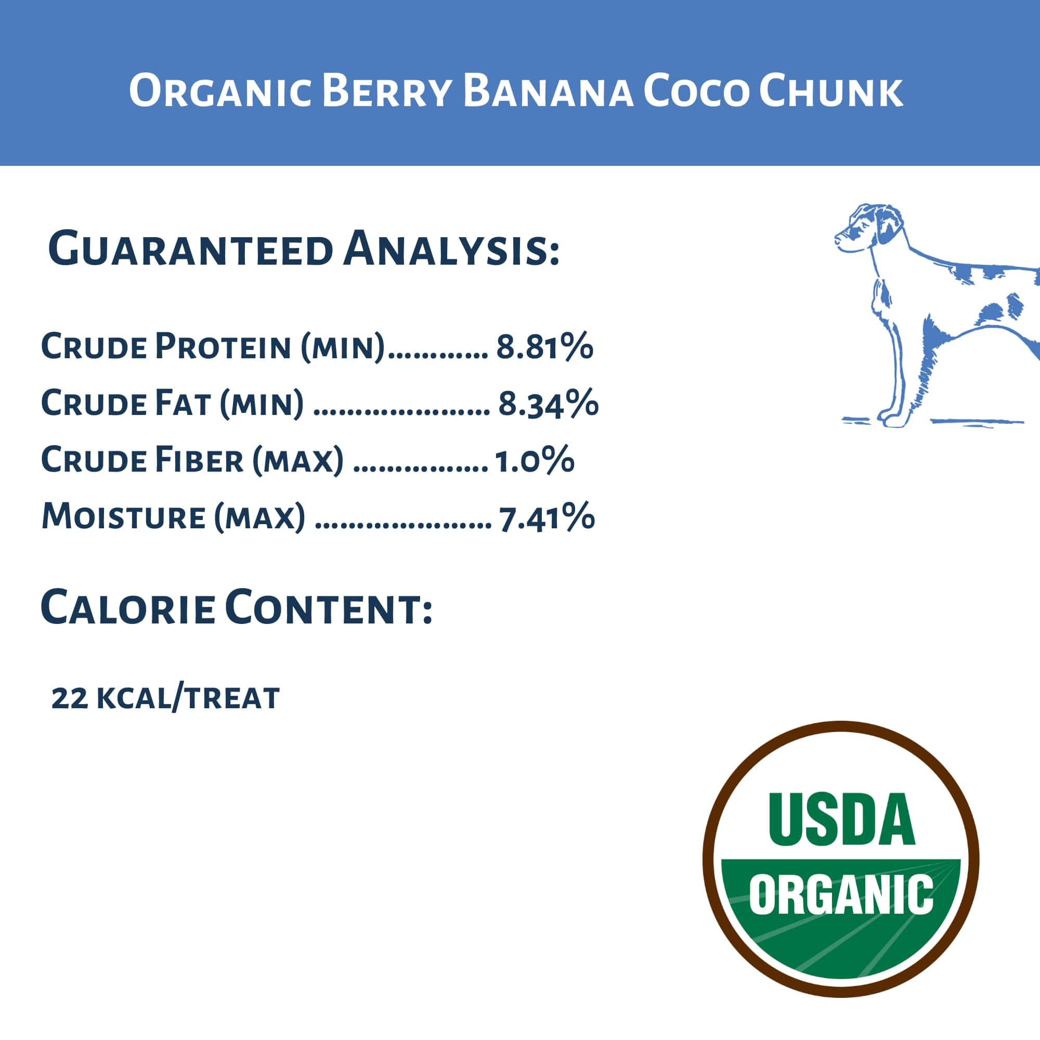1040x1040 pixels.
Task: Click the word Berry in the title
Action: pyautogui.click(x=387, y=92)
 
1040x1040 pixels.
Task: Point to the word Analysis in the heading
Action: pyautogui.click(x=451, y=250)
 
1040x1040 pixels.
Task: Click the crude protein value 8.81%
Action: pyautogui.click(x=544, y=347)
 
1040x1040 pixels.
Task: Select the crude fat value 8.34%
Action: pyautogui.click(x=548, y=404)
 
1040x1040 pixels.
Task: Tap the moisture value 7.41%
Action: pyautogui.click(x=547, y=517)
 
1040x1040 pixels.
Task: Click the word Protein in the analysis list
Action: pyautogui.click(x=223, y=347)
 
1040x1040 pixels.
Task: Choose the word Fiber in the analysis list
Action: pyautogui.click(x=199, y=461)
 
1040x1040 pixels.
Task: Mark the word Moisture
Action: pyautogui.click(x=123, y=517)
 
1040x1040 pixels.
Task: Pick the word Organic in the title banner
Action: pyautogui.click(x=220, y=92)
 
